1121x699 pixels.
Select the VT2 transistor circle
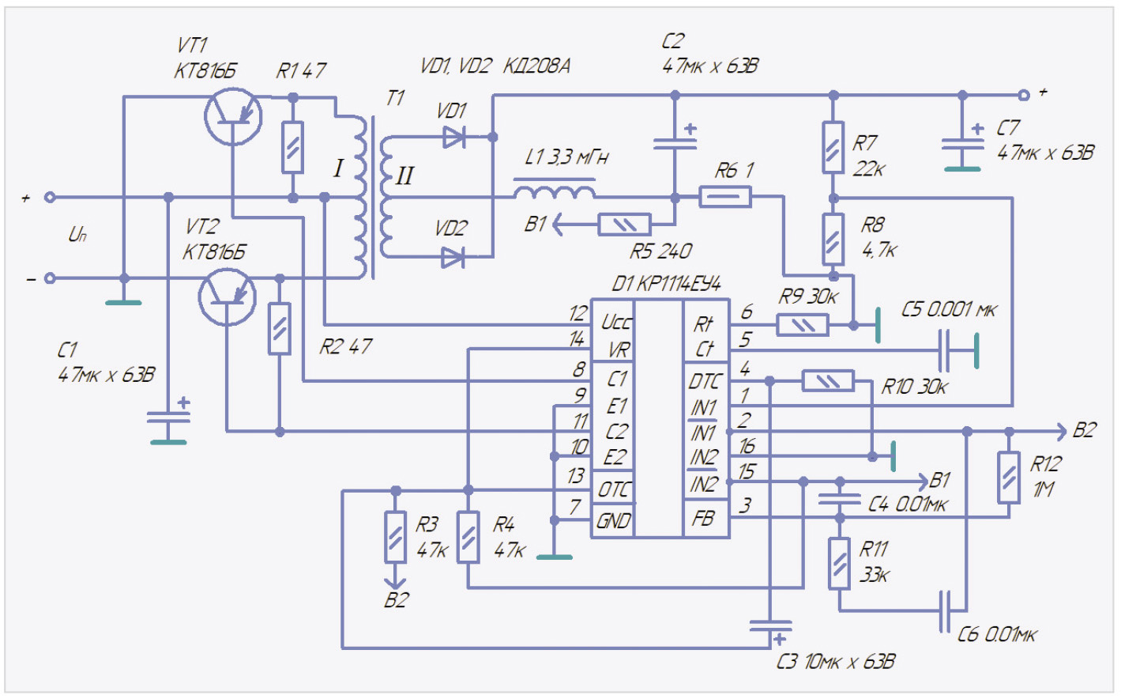click(227, 297)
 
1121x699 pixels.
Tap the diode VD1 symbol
click(453, 138)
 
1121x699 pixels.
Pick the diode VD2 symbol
click(453, 257)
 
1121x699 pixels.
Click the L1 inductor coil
click(554, 192)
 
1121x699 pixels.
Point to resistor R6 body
click(724, 196)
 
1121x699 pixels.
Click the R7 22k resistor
click(833, 147)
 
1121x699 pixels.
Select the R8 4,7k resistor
click(833, 238)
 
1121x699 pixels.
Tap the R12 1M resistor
click(1008, 478)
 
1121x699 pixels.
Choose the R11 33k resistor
click(839, 563)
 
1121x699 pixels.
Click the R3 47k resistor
click(395, 537)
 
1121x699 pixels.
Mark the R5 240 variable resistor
click(624, 225)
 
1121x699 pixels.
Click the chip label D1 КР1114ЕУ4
click(666, 284)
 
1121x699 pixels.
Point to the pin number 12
click(578, 314)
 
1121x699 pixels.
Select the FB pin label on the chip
click(703, 518)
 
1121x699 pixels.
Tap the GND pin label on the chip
click(614, 521)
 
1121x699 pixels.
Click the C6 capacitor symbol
click(946, 611)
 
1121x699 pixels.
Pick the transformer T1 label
click(395, 98)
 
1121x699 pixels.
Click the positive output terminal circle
click(1023, 95)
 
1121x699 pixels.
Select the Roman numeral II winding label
click(404, 176)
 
